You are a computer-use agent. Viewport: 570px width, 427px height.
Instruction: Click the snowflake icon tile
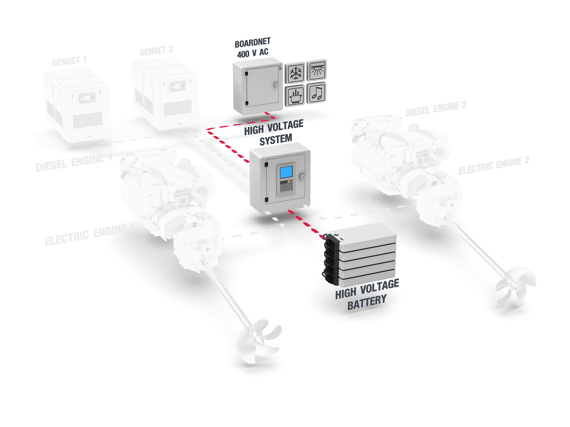[295, 73]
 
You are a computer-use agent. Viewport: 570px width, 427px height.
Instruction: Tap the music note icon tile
[316, 93]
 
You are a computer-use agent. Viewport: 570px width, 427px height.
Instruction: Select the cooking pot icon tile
[295, 96]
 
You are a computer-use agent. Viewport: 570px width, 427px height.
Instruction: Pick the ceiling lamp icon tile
[317, 70]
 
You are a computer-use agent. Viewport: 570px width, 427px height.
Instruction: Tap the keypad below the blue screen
[286, 186]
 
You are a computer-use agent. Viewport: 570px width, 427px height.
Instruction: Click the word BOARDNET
[253, 43]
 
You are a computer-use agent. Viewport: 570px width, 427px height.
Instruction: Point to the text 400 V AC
[253, 53]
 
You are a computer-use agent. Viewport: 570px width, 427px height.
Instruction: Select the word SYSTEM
[276, 140]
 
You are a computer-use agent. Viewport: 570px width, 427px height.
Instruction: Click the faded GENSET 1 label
[69, 61]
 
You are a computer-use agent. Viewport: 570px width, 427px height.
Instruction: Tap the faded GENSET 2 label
[156, 51]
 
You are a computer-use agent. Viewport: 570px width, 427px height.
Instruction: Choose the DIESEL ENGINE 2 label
[436, 108]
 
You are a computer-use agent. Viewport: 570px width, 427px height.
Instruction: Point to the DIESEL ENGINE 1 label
[74, 162]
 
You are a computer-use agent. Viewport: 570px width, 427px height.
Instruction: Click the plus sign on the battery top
[337, 235]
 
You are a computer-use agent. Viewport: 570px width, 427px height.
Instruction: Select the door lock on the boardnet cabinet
[276, 85]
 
